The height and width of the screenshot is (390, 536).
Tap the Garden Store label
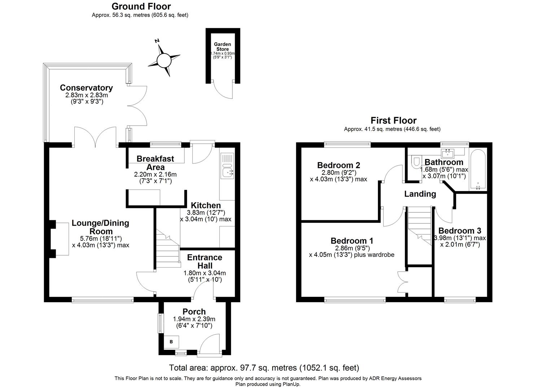coord(222,47)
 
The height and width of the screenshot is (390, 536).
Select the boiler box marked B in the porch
coord(171,342)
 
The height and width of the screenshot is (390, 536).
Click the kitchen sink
coord(227,173)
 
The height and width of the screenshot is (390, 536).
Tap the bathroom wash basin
coord(449,154)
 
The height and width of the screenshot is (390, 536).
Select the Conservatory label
coord(86,88)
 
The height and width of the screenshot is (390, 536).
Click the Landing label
coord(420,194)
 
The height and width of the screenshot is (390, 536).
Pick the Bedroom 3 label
coord(459,231)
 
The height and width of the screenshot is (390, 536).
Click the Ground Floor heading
coord(141,6)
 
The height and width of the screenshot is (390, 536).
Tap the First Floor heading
coord(393,120)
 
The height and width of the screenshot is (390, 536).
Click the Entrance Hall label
coord(204,261)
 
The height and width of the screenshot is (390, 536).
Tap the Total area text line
coord(264,368)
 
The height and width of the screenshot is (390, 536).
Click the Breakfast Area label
coord(155,163)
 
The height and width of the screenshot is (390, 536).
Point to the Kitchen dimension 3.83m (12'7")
coord(205,213)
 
